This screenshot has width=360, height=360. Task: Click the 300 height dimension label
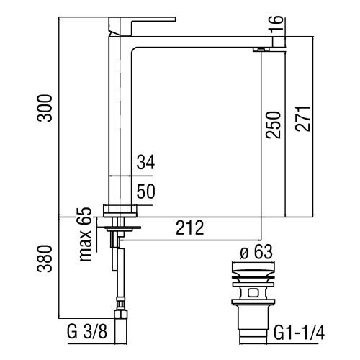pyautogui.click(x=44, y=108)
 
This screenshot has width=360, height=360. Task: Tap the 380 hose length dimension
pyautogui.click(x=45, y=258)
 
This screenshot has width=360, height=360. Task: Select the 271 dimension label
pyautogui.click(x=302, y=118)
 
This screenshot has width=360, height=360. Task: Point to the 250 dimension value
pyautogui.click(x=273, y=125)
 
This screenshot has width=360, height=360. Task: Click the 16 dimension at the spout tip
pyautogui.click(x=276, y=24)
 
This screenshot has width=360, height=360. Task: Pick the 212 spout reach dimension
pyautogui.click(x=190, y=228)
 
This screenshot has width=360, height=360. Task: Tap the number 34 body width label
pyautogui.click(x=145, y=162)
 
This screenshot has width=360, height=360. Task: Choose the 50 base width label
pyautogui.click(x=145, y=192)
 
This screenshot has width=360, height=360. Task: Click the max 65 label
pyautogui.click(x=85, y=234)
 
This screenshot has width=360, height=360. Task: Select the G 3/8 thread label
pyautogui.click(x=87, y=332)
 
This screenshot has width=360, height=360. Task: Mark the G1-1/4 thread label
pyautogui.click(x=299, y=333)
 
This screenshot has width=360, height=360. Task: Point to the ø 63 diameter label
pyautogui.click(x=256, y=252)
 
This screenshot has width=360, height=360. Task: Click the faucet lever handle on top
pyautogui.click(x=142, y=26)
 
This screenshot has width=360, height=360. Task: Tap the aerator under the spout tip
pyautogui.click(x=261, y=50)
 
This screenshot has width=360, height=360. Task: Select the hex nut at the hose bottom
pyautogui.click(x=121, y=314)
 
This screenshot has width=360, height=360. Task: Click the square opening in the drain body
pyautogui.click(x=253, y=293)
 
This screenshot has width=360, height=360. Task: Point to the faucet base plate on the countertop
pyautogui.click(x=120, y=211)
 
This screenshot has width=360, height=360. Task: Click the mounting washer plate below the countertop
pyautogui.click(x=122, y=227)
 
